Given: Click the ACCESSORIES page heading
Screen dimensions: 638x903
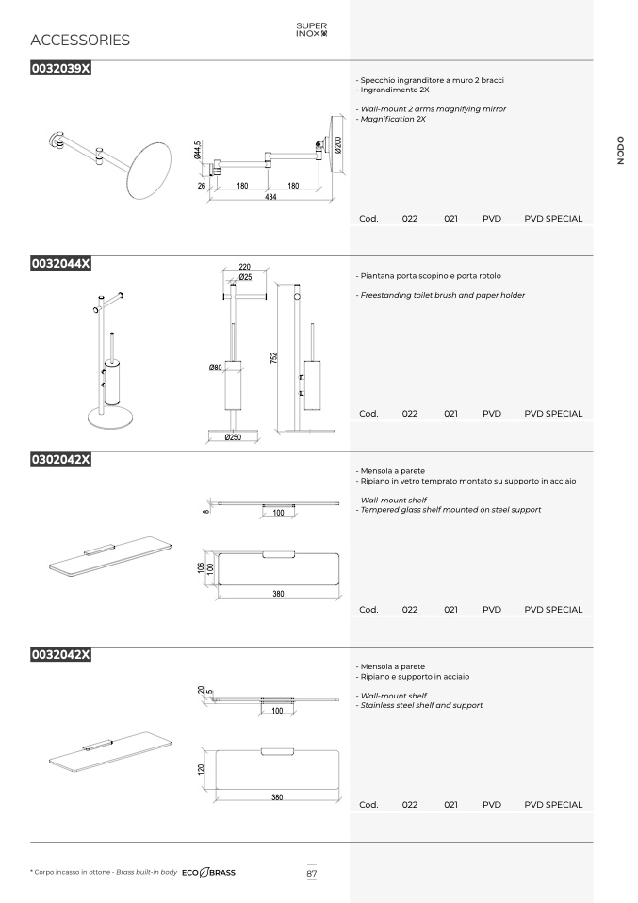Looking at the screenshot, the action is tap(80, 40).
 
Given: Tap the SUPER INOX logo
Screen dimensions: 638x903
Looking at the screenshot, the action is tap(312, 29).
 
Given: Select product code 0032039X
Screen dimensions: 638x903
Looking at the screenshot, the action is tap(61, 68).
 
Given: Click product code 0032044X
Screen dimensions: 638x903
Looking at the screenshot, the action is tap(61, 263).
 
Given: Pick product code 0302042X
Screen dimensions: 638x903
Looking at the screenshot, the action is tap(61, 459).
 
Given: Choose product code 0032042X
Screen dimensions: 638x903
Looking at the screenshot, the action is tap(61, 654).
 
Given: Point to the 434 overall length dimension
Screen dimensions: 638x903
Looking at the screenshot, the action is tap(270, 197).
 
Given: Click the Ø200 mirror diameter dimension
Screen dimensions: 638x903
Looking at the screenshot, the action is tap(338, 144).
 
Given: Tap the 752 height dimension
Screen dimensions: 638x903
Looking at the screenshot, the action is tap(274, 357).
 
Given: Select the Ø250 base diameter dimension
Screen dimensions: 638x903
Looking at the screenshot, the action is tap(233, 437).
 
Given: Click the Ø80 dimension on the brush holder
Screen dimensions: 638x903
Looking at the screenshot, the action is tap(216, 368).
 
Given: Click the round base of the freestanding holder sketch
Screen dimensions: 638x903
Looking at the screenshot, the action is tap(110, 419).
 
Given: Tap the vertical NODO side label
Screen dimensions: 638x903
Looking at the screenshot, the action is tap(620, 150).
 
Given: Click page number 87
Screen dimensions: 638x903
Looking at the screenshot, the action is tap(312, 873).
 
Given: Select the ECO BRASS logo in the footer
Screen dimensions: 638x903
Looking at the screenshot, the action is tap(208, 873).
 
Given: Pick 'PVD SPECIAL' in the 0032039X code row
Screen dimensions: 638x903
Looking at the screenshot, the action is tap(553, 219).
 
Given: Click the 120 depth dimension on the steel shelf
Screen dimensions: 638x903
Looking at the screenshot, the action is tap(201, 769).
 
